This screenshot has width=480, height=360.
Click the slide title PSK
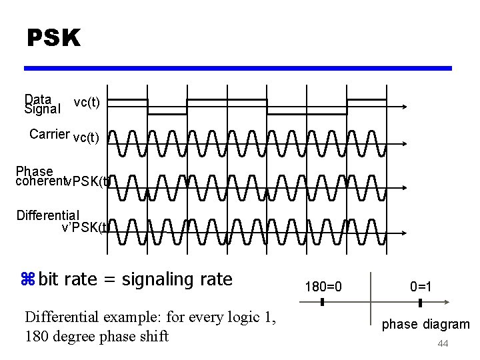53,39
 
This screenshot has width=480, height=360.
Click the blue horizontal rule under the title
237,68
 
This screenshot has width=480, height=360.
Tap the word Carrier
49,134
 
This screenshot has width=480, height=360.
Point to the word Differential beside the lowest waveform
48,215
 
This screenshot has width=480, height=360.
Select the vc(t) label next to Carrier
86,138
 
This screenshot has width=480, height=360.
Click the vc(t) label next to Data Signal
87,102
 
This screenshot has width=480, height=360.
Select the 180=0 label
323,287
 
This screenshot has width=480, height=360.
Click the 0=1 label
421,287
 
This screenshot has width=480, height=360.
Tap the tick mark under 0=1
421,303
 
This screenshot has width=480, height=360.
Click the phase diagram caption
425,325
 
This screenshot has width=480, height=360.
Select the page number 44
443,344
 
